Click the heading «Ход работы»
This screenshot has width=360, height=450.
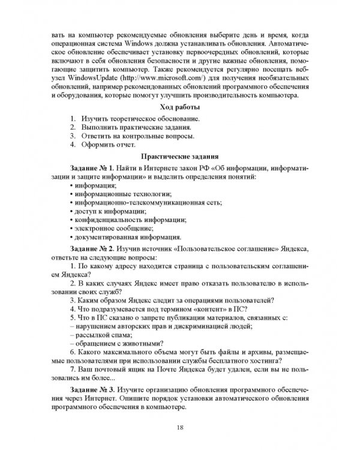(180, 107)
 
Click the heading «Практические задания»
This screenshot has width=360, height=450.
(180, 156)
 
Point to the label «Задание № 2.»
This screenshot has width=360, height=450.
(91, 248)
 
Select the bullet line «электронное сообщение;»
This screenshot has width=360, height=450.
(110, 229)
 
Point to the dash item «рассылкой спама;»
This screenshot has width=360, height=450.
(101, 334)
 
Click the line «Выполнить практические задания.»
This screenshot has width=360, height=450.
(135, 127)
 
